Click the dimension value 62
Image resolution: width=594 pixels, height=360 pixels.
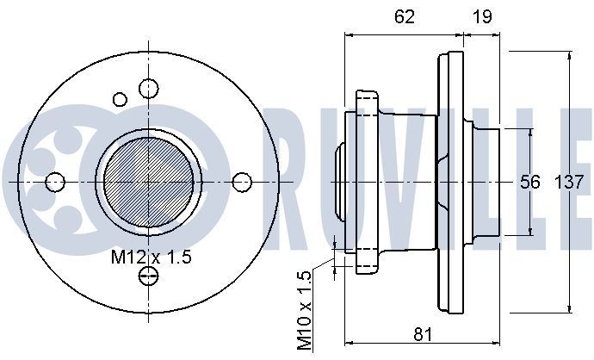pos(405,16)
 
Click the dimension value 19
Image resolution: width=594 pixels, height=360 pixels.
pos(482,16)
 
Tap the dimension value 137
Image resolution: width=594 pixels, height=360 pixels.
pos(569,183)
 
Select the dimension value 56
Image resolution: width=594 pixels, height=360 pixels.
pos(529,183)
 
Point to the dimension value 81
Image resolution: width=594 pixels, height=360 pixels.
pos(423,335)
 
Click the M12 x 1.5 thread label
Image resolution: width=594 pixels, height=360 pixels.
pos(152,258)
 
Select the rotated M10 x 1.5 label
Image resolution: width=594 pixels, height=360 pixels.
pos(304,311)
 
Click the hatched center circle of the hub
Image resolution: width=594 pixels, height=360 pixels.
pos(148,183)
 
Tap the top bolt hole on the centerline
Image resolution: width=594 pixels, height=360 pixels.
pos(148,89)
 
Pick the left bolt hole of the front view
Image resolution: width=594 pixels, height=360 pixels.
pos(55,182)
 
